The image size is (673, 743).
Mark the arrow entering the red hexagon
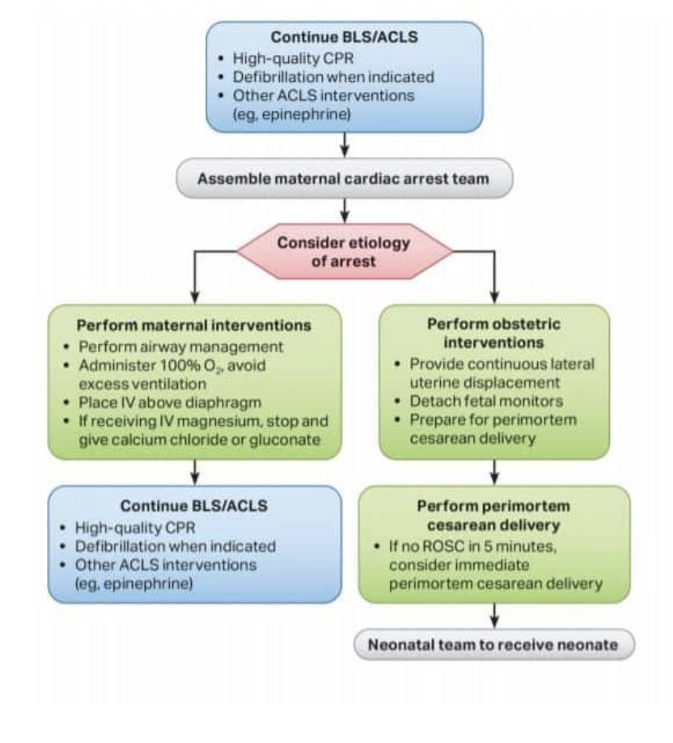coord(345,212)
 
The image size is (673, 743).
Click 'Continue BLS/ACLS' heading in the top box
coord(344,37)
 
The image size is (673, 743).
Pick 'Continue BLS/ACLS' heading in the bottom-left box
coord(194,505)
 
